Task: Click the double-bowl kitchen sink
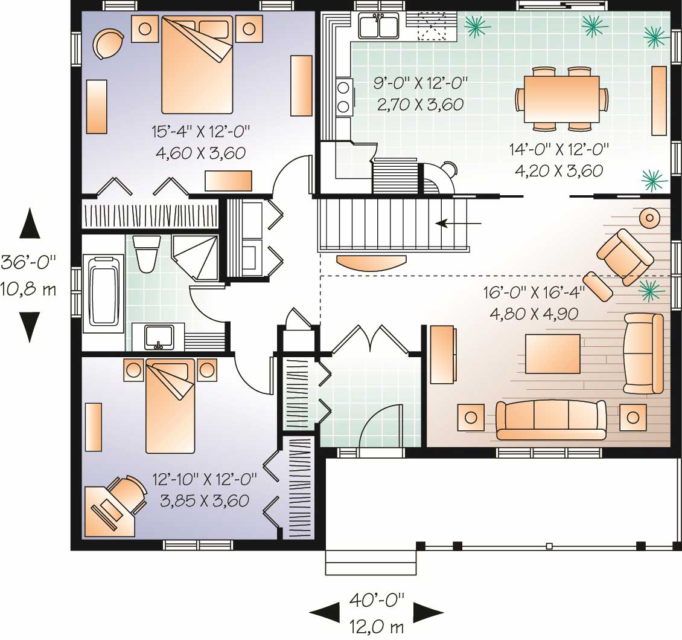[x=378, y=26]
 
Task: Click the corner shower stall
[x=194, y=257]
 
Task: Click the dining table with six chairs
[x=561, y=99]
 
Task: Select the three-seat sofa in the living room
[x=550, y=419]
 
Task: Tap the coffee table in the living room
[x=553, y=354]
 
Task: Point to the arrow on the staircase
[x=459, y=224]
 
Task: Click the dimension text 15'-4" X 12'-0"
[x=201, y=130]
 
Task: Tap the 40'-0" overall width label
[x=377, y=600]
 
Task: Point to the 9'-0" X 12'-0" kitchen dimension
[x=421, y=82]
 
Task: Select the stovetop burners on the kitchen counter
[x=343, y=97]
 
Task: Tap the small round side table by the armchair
[x=649, y=218]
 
